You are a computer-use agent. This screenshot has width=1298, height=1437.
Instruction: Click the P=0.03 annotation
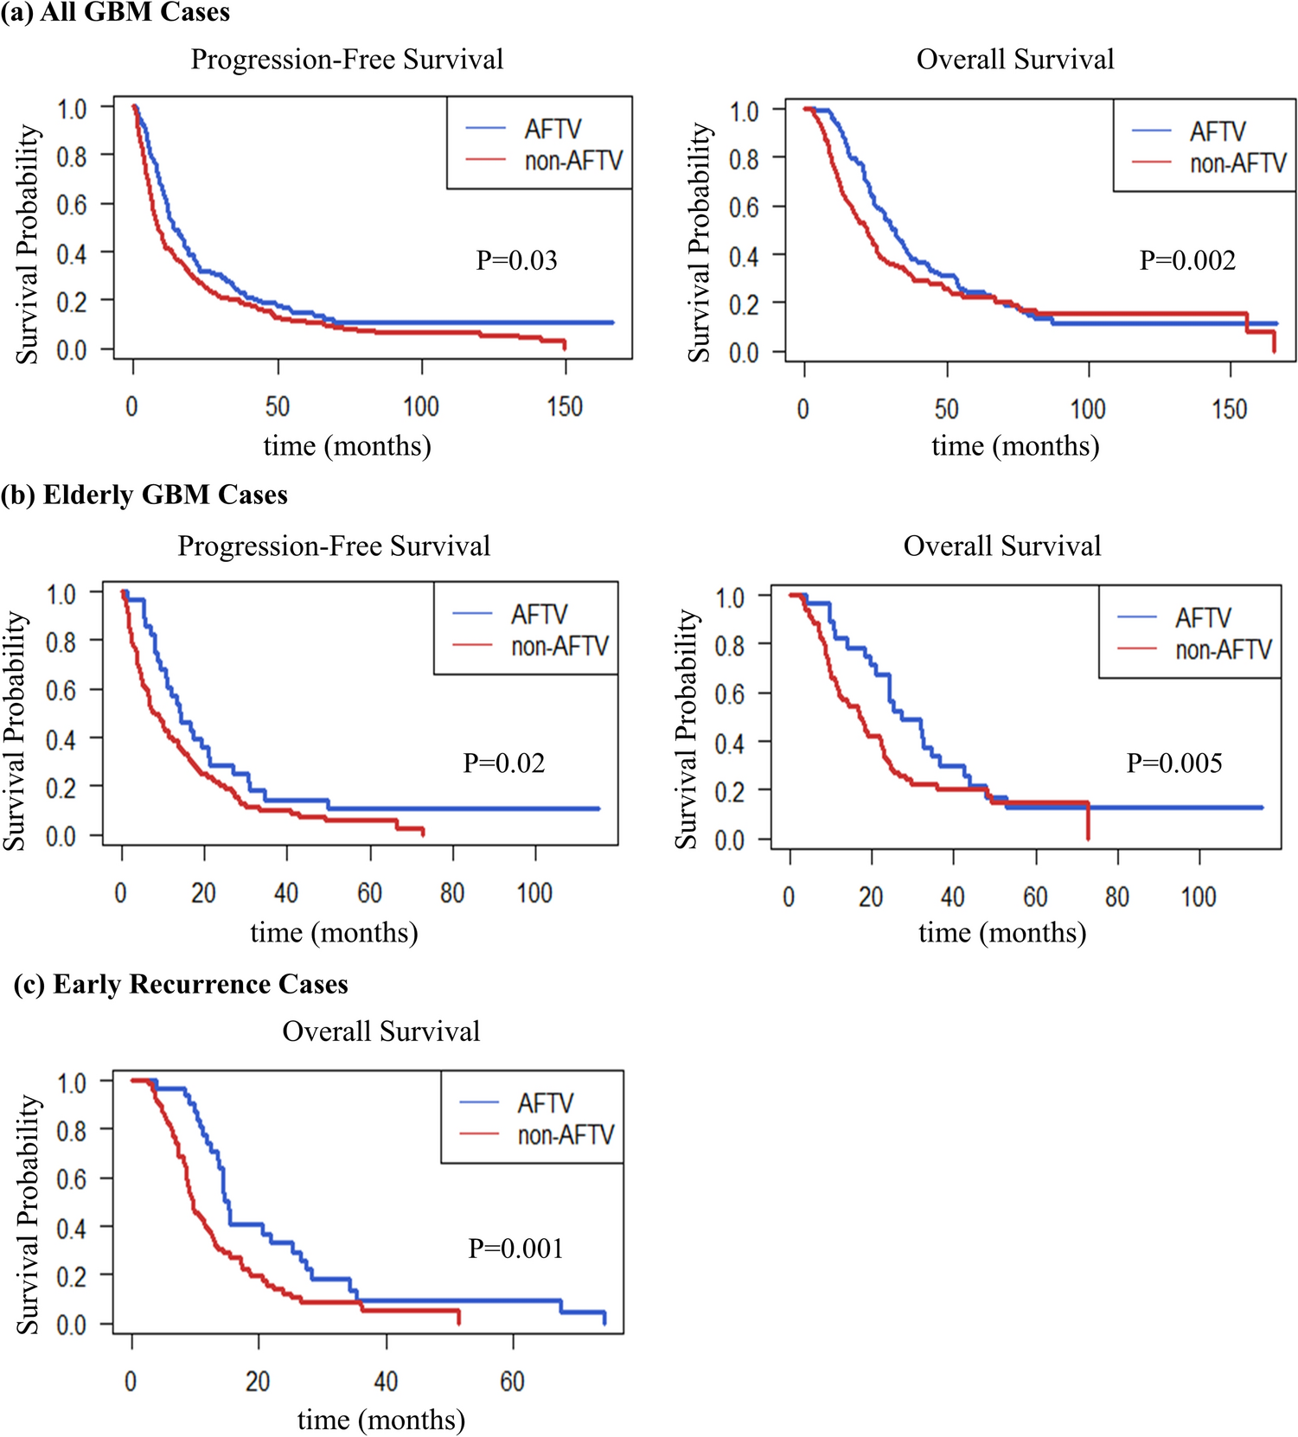coord(516,260)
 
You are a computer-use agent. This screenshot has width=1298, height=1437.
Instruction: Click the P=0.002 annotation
coord(1187,260)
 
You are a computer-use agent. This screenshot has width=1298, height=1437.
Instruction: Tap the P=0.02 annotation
coord(504,763)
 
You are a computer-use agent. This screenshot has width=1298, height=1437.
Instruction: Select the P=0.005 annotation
coord(1174,763)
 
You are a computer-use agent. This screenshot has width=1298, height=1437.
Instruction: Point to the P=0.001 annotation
coord(515,1249)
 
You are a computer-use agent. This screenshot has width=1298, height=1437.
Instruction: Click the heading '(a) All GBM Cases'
coord(116,12)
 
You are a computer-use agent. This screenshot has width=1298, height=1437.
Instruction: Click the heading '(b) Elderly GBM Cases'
coord(144,495)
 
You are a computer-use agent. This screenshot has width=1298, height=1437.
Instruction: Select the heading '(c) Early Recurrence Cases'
coord(181,984)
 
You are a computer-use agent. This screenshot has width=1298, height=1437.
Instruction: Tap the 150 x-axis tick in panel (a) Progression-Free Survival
coord(565,406)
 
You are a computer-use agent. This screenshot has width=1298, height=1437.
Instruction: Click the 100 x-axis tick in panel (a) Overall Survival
coord(1088,409)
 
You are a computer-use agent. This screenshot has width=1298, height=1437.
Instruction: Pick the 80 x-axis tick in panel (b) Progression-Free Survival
coord(452,893)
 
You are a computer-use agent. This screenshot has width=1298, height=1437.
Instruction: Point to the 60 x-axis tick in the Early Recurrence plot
coord(512,1382)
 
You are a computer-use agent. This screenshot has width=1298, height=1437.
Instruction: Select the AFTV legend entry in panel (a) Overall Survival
coord(1218,131)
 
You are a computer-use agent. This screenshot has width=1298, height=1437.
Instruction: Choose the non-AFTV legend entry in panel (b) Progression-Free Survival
coord(559,646)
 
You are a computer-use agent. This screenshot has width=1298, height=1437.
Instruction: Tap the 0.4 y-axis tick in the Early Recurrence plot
coord(71,1228)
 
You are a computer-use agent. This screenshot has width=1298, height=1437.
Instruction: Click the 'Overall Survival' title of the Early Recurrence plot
coord(380,1031)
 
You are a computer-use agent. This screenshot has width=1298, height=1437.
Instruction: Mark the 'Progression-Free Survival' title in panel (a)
coord(347,60)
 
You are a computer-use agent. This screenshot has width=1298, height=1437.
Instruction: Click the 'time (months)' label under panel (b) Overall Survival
coord(1002,933)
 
